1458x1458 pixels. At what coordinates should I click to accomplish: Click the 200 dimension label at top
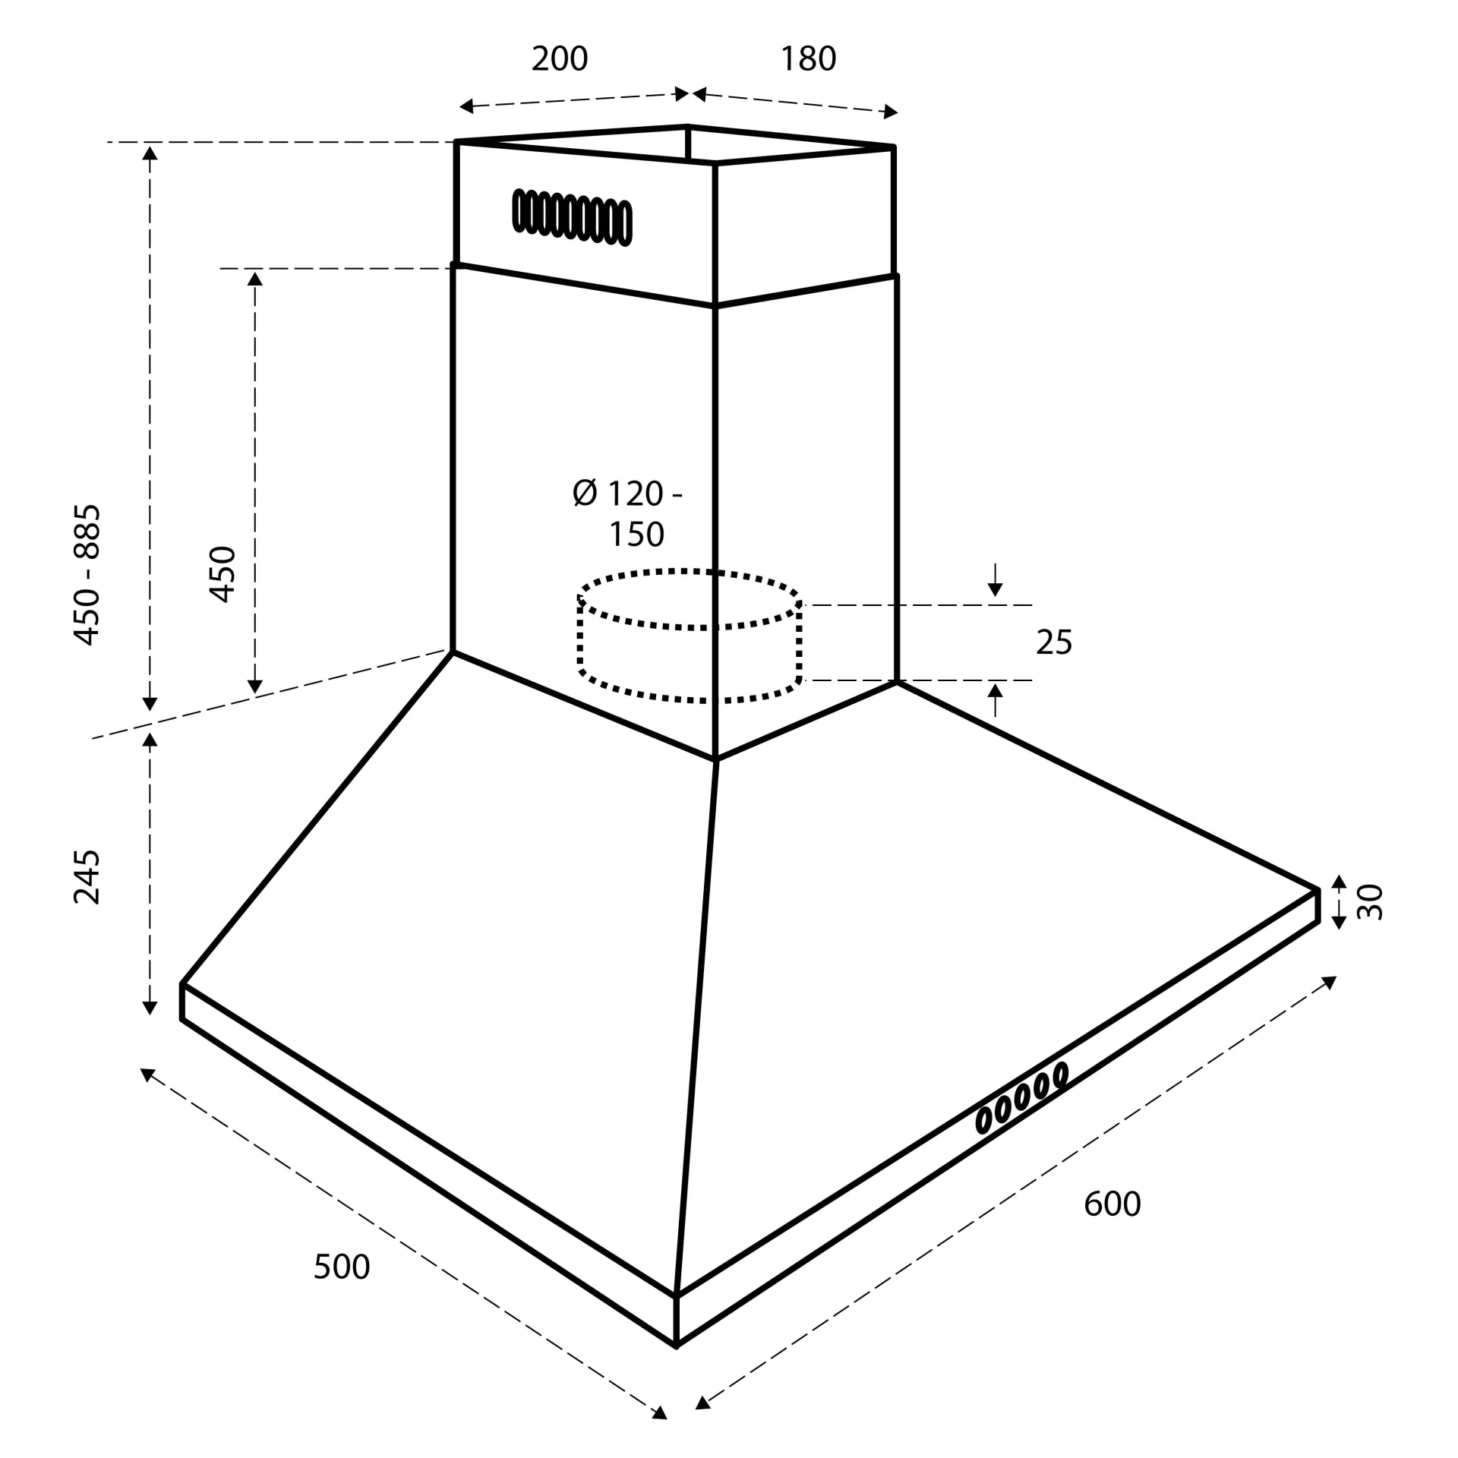pos(560,59)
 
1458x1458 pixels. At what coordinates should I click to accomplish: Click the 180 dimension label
pos(808,59)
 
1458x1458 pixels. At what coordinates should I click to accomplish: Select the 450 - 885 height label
pos(87,574)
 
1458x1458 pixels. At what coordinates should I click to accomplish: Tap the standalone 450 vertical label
pos(222,574)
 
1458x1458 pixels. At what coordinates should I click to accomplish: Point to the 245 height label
pos(87,877)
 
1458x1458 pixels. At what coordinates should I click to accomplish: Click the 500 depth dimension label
pos(342,1267)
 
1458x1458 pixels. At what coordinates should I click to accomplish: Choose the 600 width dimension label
pos(1112,1204)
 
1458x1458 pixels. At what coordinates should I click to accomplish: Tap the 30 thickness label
pos(1370,902)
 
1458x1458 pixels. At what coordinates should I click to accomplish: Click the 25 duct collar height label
pos(1054,642)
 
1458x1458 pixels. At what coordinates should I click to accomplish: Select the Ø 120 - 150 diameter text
pos(629,514)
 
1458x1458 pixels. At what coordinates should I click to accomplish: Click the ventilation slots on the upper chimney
pos(572,217)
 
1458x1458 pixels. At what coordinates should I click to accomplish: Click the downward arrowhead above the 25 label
pos(995,589)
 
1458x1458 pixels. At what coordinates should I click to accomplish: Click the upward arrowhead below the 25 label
pos(995,690)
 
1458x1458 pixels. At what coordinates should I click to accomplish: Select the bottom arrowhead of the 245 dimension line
pos(150,1008)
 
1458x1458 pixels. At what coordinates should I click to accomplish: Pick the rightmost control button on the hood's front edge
pos(1061,1074)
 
